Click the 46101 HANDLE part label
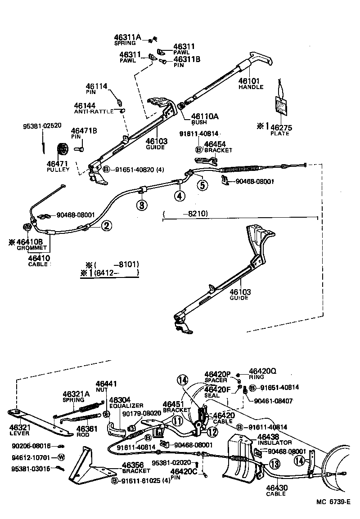pyautogui.click(x=250, y=83)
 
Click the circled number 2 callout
pyautogui.click(x=106, y=226)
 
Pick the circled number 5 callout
pyautogui.click(x=202, y=184)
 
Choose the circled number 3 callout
pyautogui.click(x=142, y=206)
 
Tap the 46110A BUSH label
pyautogui.click(x=204, y=119)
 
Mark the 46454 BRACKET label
pyautogui.click(x=218, y=147)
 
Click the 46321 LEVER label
pyautogui.click(x=19, y=430)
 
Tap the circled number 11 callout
pyautogui.click(x=177, y=421)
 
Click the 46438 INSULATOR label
pyautogui.click(x=274, y=439)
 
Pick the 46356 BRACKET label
pyautogui.click(x=136, y=468)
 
